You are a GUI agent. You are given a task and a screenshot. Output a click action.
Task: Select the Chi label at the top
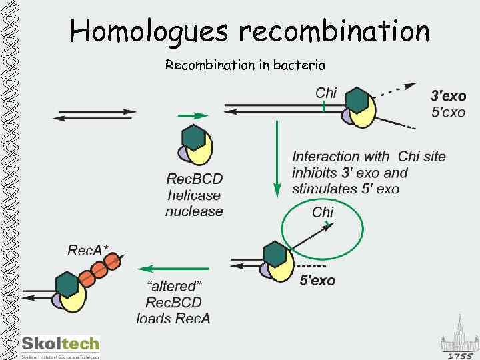[x=326, y=93]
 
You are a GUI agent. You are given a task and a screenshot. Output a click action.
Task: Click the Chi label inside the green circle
[x=323, y=212]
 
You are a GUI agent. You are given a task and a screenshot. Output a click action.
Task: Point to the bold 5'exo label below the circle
[x=317, y=281]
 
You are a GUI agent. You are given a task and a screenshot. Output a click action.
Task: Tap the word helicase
[x=194, y=195]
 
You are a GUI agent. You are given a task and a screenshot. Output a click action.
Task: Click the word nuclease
[x=194, y=211]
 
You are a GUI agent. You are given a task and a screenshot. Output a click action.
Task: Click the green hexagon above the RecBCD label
[x=193, y=137]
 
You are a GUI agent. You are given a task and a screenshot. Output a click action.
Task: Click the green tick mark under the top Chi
[x=323, y=106]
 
